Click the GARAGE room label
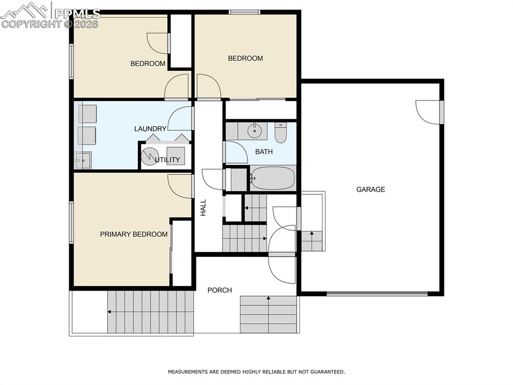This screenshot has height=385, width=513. point(371,189)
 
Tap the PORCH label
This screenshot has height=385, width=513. point(220,290)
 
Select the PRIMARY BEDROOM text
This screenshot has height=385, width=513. point(134,234)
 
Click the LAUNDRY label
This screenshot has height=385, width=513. point(150,129)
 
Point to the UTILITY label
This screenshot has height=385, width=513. point(167,160)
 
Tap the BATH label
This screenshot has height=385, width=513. point(264,152)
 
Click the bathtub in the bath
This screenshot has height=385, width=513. point(273,178)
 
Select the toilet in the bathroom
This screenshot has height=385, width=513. point(281,133)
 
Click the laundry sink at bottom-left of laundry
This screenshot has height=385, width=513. point(83,161)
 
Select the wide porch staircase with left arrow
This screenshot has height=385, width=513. point(150,312)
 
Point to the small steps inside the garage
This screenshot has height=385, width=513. point(312,240)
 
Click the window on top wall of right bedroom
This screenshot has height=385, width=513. point(244,12)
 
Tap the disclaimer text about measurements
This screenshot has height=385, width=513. point(256,372)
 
